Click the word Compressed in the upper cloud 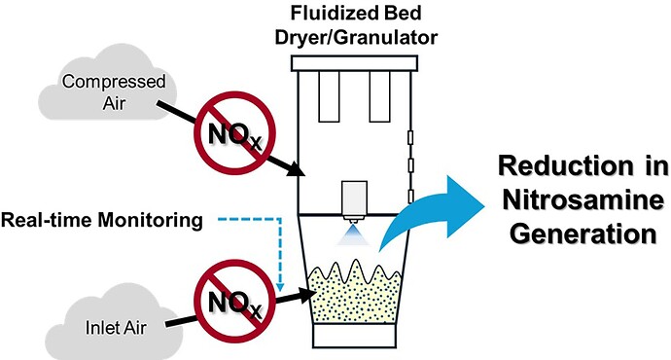click(x=114, y=82)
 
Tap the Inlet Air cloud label click(x=116, y=328)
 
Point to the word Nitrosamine click(x=583, y=199)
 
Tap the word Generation click(x=583, y=234)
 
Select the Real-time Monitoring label click(x=101, y=220)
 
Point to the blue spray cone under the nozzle click(x=353, y=235)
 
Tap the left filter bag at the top click(x=329, y=96)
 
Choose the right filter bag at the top click(x=379, y=96)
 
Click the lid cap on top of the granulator click(x=354, y=63)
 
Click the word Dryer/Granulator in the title click(x=356, y=37)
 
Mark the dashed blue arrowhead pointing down click(x=280, y=286)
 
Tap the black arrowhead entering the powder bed click(x=307, y=295)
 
